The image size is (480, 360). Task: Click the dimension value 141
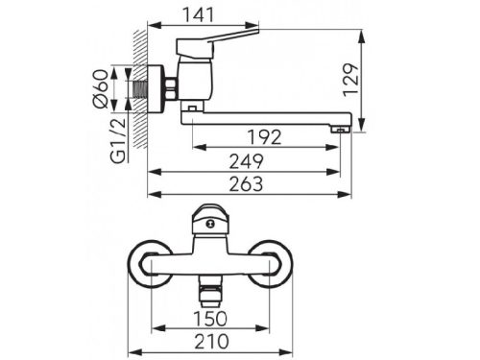198,15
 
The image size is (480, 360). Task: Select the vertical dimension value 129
350,80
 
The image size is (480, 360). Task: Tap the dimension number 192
265,137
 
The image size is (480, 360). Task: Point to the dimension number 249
247,161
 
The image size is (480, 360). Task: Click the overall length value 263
247,184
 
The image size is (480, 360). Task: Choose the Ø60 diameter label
100,88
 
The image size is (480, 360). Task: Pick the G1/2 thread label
118,140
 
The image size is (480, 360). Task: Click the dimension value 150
210,319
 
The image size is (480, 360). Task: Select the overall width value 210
212,342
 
